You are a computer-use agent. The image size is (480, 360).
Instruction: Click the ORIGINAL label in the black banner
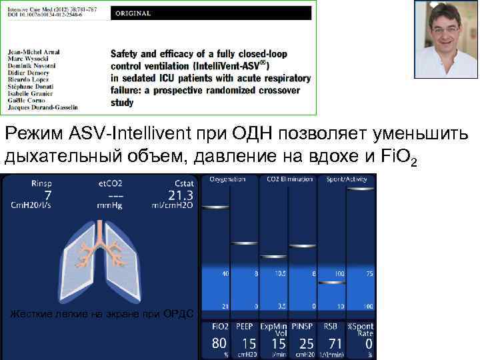coord(131,13)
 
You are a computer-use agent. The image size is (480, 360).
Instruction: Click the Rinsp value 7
coord(47,194)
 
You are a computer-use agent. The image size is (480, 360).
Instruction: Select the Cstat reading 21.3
coord(181,195)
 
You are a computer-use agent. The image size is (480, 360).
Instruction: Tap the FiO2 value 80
coord(219,343)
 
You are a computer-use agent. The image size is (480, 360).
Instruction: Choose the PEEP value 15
coord(249,343)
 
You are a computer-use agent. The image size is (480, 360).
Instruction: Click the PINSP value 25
coord(307,343)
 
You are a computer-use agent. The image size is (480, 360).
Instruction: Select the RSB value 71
coord(334,343)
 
